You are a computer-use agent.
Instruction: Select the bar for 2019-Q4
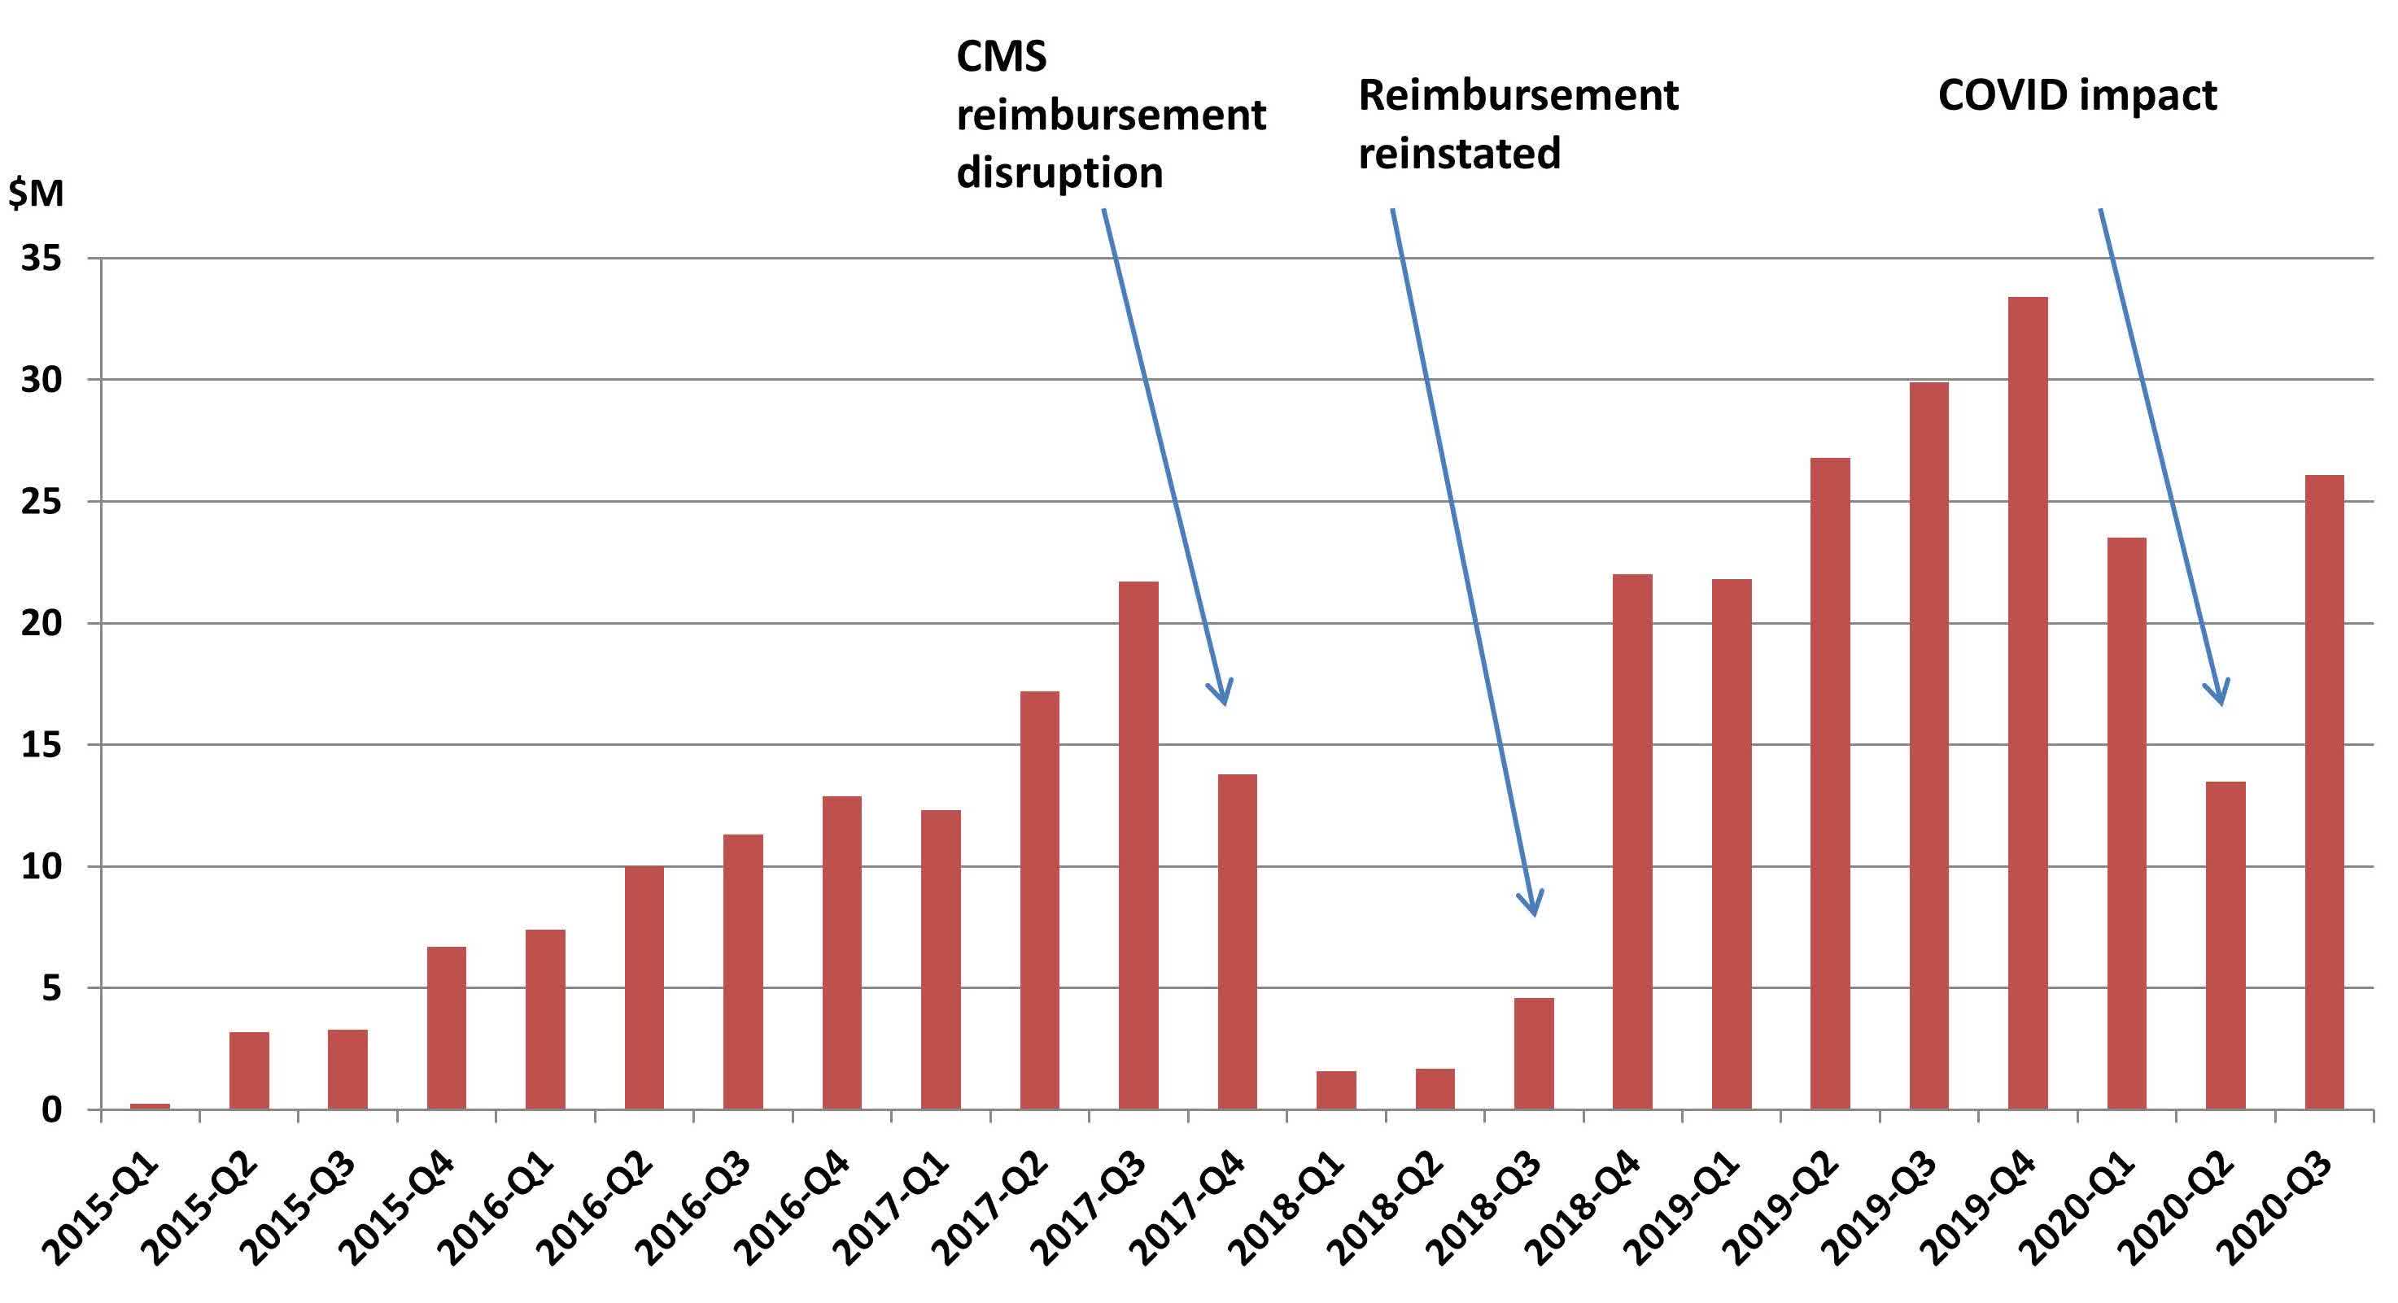[2028, 703]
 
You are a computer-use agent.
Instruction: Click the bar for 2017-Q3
[1138, 845]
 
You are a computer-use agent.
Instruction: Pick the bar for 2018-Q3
[1534, 1053]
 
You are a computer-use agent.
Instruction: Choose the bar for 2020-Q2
[2225, 946]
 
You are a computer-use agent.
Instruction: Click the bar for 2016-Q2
[644, 987]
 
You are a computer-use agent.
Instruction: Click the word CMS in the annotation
[1002, 57]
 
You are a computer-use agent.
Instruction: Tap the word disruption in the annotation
[1059, 173]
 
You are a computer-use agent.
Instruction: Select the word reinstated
[1459, 153]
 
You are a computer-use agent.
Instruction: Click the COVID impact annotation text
[2077, 96]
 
